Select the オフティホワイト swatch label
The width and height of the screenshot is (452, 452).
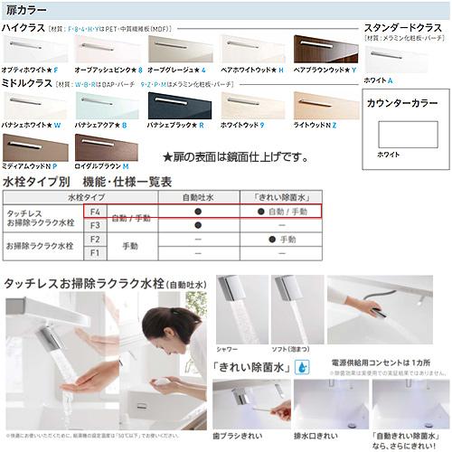pos(30,70)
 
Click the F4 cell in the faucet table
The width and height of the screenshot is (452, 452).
pos(95,211)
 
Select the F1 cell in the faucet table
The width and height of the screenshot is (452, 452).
pos(95,254)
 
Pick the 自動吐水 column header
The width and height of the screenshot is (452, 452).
pos(197,196)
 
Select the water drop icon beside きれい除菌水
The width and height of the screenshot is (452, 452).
pos(300,367)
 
